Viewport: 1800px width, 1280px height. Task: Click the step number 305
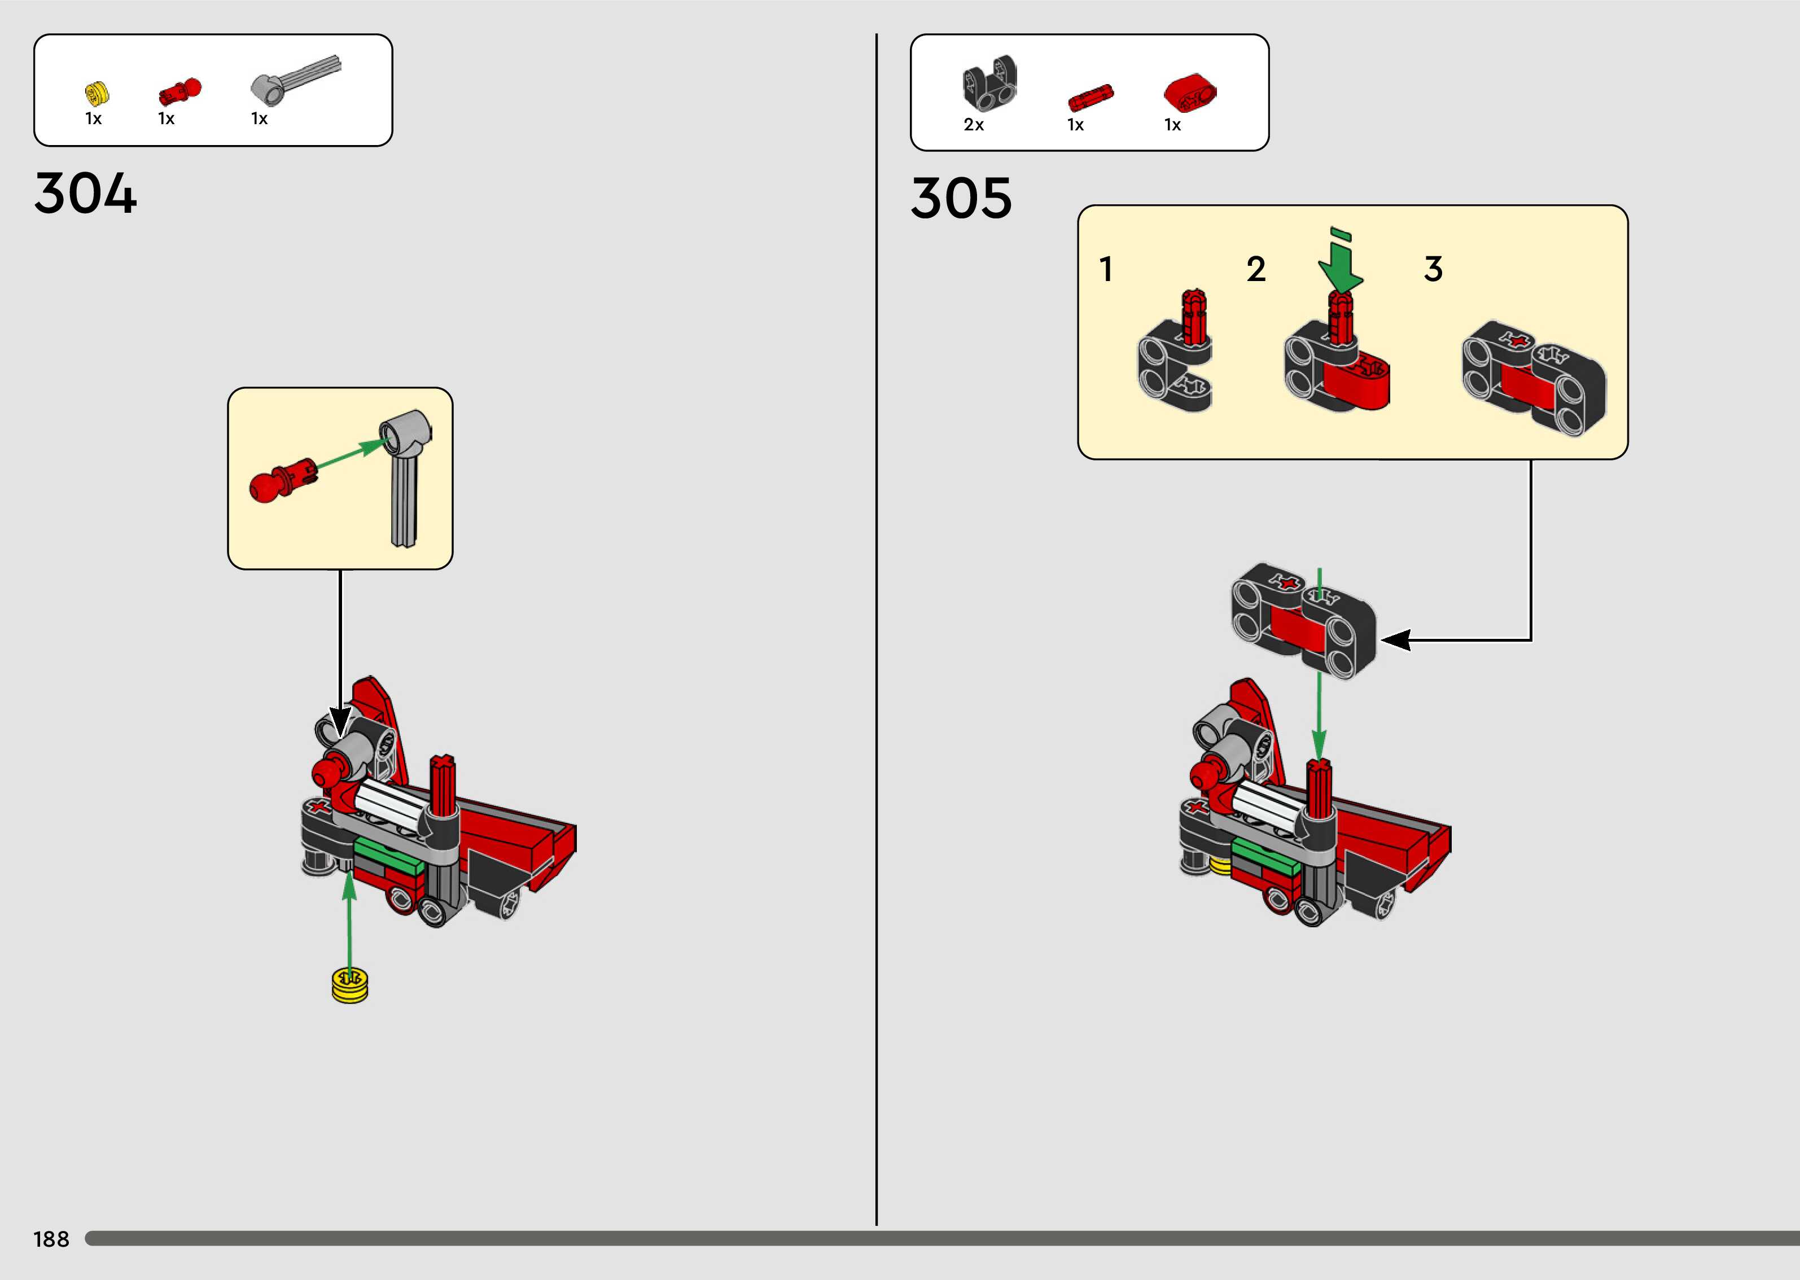pos(961,198)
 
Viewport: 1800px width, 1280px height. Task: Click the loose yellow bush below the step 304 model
pos(350,986)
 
